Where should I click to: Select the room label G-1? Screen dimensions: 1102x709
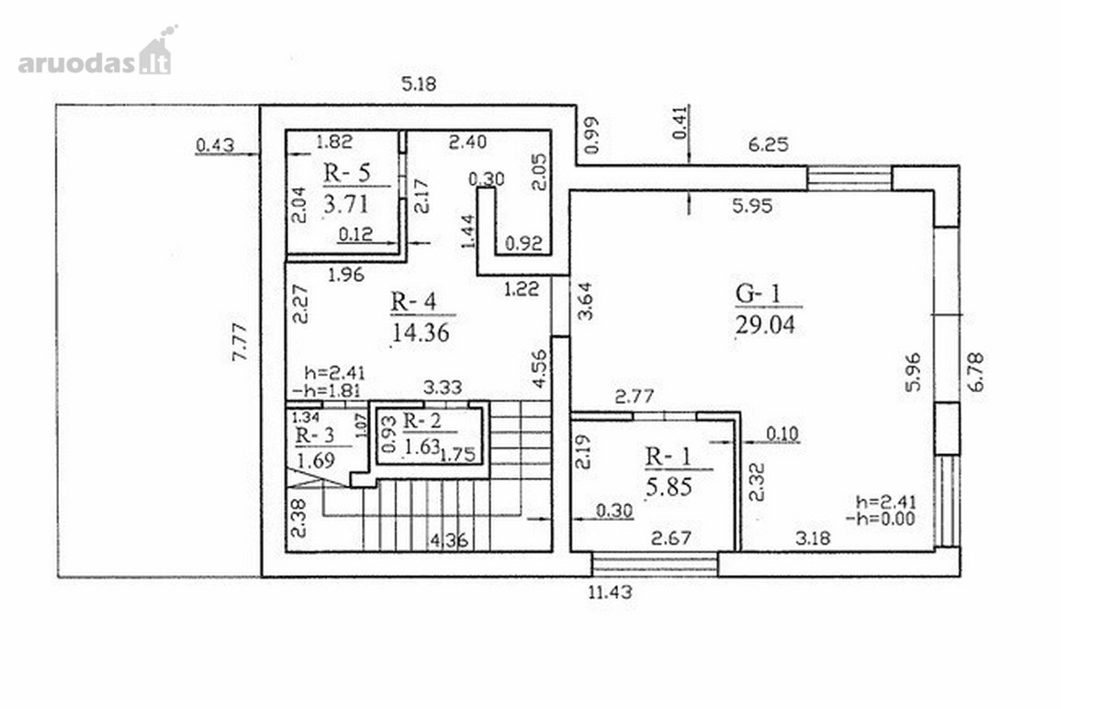pyautogui.click(x=758, y=294)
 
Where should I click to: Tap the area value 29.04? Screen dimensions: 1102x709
pyautogui.click(x=765, y=325)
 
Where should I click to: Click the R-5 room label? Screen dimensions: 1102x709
pyautogui.click(x=347, y=174)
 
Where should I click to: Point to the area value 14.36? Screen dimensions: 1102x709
pyautogui.click(x=421, y=333)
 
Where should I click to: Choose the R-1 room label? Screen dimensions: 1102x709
pyautogui.click(x=669, y=456)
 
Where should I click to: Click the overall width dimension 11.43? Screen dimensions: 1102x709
pyautogui.click(x=610, y=591)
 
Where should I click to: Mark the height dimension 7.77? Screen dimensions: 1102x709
pyautogui.click(x=240, y=342)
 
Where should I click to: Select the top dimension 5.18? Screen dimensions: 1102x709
pyautogui.click(x=419, y=84)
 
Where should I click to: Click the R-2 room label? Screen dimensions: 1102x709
pyautogui.click(x=422, y=422)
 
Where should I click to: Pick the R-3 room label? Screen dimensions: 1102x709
pyautogui.click(x=314, y=435)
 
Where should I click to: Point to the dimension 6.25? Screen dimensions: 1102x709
pyautogui.click(x=768, y=145)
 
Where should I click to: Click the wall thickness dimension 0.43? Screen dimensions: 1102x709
pyautogui.click(x=215, y=146)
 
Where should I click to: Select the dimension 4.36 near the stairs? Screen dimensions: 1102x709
pyautogui.click(x=449, y=541)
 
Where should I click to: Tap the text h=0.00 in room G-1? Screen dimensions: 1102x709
pyautogui.click(x=880, y=519)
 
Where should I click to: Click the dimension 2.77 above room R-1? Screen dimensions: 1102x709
pyautogui.click(x=635, y=397)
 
